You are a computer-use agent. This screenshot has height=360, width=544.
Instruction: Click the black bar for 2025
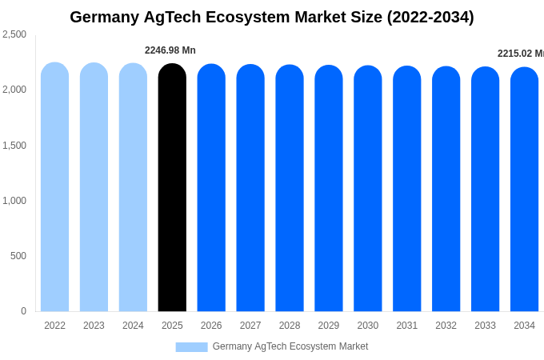[172, 188]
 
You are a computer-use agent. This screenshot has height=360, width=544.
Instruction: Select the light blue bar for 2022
[54, 187]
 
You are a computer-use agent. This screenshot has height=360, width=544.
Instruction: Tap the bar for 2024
[133, 188]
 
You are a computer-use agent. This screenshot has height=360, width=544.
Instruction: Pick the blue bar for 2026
[211, 188]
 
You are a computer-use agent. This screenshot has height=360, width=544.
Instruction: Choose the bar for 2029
[329, 189]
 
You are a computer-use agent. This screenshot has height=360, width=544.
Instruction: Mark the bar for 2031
[406, 190]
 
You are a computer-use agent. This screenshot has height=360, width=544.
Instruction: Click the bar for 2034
[524, 190]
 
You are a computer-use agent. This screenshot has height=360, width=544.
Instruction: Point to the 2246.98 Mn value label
[170, 50]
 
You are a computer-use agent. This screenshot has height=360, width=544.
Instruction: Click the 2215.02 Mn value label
[520, 54]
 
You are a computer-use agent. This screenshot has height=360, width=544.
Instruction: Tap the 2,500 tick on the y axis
[14, 34]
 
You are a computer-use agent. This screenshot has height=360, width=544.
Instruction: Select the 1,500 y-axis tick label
[14, 146]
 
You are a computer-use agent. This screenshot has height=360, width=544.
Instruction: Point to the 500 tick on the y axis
[18, 256]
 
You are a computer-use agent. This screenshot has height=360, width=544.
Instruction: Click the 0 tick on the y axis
[23, 311]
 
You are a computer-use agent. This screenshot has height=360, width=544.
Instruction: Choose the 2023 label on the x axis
[94, 326]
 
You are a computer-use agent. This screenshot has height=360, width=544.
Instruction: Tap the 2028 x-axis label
[290, 326]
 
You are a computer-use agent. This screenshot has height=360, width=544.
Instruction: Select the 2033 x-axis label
[485, 326]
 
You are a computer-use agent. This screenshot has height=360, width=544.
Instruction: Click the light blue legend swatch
[191, 347]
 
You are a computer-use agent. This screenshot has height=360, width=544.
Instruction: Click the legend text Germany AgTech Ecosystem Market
[290, 346]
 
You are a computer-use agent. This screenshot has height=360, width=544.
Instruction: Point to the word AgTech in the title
[168, 17]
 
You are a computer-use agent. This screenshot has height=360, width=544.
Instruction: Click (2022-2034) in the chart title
[430, 17]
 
